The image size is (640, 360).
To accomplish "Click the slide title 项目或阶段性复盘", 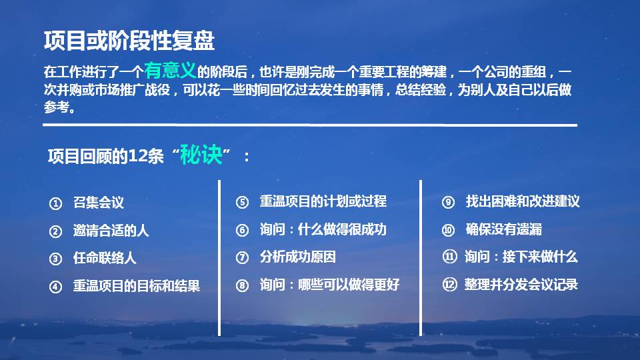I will coord(129,41).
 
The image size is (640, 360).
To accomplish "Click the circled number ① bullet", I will coord(55,203).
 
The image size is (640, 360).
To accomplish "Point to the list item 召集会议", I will coord(99,203).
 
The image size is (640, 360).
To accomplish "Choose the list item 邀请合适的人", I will coord(111,231).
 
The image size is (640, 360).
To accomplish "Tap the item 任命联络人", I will coord(105,258).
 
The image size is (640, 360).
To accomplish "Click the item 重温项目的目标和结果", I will coord(136,286).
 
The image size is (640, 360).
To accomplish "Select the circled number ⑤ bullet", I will coord(242,202).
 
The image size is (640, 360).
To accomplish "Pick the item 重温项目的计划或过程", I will coord(323,201).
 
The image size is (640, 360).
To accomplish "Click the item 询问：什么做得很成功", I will coord(323,229).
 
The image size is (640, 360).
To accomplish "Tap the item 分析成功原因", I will coord(297,257).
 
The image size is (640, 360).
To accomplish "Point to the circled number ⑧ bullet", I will coord(242,285).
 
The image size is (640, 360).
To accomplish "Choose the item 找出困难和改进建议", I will coord(523,201).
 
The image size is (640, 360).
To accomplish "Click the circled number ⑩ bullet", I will coord(448,230).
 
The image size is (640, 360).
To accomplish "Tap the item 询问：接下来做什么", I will coord(521,257).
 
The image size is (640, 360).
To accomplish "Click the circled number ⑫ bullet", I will coord(449,285).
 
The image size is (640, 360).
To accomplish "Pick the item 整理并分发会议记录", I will coord(521,285).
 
